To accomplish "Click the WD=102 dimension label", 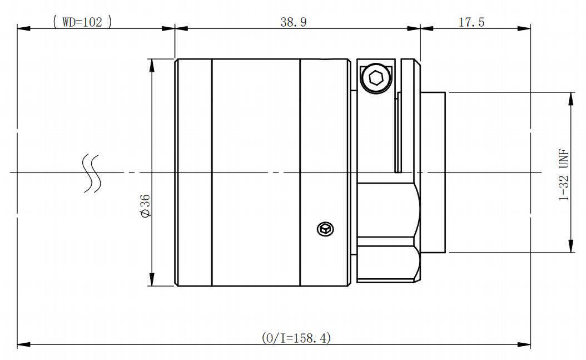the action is click(82, 22).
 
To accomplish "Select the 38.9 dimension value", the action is click(294, 22).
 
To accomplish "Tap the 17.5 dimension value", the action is click(471, 22).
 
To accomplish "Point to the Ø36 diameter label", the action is click(145, 205).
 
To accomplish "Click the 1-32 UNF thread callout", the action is click(564, 175).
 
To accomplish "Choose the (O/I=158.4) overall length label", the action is click(296, 338).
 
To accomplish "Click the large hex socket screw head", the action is click(375, 78).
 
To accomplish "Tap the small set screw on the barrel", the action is click(325, 229).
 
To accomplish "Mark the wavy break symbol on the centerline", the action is click(92, 173).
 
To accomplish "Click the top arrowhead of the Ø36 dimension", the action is click(151, 66).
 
